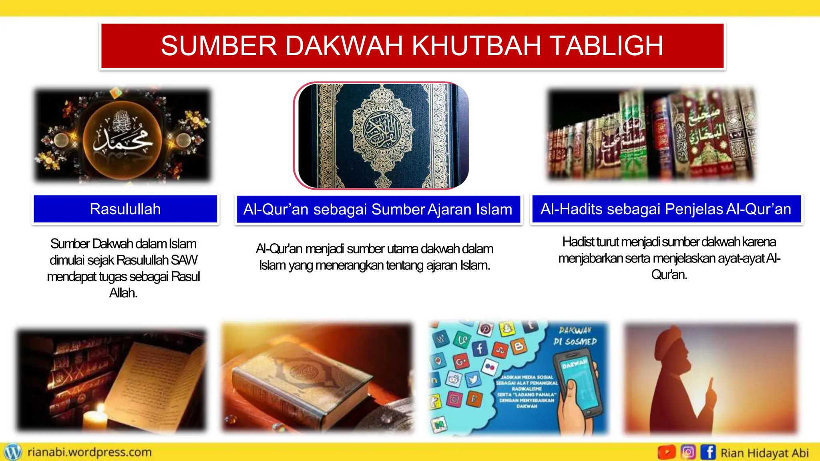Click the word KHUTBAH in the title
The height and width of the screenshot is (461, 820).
(x=476, y=46)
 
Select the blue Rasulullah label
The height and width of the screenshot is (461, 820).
(x=125, y=209)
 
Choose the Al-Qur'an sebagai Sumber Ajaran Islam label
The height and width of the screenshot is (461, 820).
(x=378, y=209)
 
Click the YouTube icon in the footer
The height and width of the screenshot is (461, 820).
(x=666, y=452)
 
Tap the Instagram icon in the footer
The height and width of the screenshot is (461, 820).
(x=688, y=452)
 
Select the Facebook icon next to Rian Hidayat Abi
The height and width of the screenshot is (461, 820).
(x=708, y=452)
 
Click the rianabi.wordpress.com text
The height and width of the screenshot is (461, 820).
(x=90, y=452)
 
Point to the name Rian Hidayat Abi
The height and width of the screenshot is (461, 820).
(x=764, y=453)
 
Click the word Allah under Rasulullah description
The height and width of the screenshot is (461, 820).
(x=123, y=293)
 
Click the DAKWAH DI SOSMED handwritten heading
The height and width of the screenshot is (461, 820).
(x=575, y=336)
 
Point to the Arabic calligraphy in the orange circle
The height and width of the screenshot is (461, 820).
(x=122, y=136)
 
